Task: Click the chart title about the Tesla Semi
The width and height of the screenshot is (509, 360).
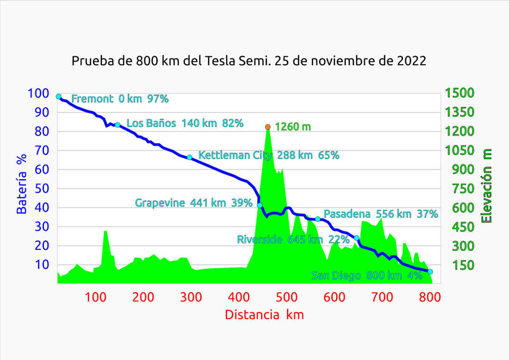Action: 249,61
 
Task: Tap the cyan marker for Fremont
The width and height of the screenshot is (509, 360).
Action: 58,96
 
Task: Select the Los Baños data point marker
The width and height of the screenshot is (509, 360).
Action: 118,125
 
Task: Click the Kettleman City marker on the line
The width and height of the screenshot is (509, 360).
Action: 189,157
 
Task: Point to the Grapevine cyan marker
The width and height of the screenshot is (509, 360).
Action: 260,205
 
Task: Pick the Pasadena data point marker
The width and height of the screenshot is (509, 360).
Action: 318,219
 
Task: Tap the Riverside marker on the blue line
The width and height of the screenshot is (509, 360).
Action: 356,238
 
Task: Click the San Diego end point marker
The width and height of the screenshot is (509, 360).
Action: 430,272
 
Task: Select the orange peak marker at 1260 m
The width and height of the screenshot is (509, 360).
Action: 268,127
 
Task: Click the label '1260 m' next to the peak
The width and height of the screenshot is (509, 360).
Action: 293,127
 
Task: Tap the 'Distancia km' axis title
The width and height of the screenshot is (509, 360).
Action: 264,315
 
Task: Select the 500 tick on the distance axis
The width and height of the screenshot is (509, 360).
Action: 239,297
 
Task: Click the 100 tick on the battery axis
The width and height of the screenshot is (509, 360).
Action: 38,93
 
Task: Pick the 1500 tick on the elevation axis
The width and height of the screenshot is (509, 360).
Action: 459,93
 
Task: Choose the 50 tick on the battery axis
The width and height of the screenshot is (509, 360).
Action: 42,188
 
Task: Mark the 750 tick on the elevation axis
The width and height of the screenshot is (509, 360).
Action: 456,188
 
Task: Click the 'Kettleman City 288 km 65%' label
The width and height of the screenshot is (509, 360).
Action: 269,155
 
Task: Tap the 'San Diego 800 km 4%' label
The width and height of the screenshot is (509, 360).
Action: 367,276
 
